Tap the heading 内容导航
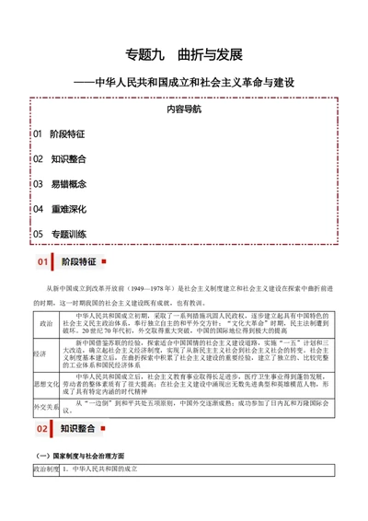coord(185,109)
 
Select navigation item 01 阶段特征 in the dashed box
coord(59,133)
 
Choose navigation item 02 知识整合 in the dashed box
coord(59,158)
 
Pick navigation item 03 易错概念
coord(59,183)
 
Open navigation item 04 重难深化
coord(59,209)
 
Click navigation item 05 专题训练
coord(59,234)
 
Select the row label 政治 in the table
coord(45,325)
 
